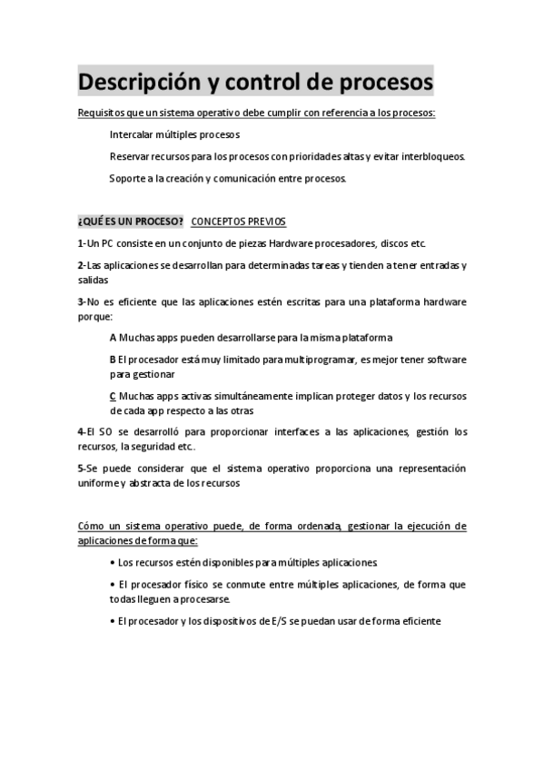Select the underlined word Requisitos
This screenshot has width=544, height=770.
[101, 114]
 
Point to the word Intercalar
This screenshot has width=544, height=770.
[131, 135]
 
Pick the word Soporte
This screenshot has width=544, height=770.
[128, 178]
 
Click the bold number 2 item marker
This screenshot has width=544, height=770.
[80, 266]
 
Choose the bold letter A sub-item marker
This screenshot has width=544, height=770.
[113, 338]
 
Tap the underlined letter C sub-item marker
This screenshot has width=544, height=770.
[113, 396]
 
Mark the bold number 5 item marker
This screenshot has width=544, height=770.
[80, 469]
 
